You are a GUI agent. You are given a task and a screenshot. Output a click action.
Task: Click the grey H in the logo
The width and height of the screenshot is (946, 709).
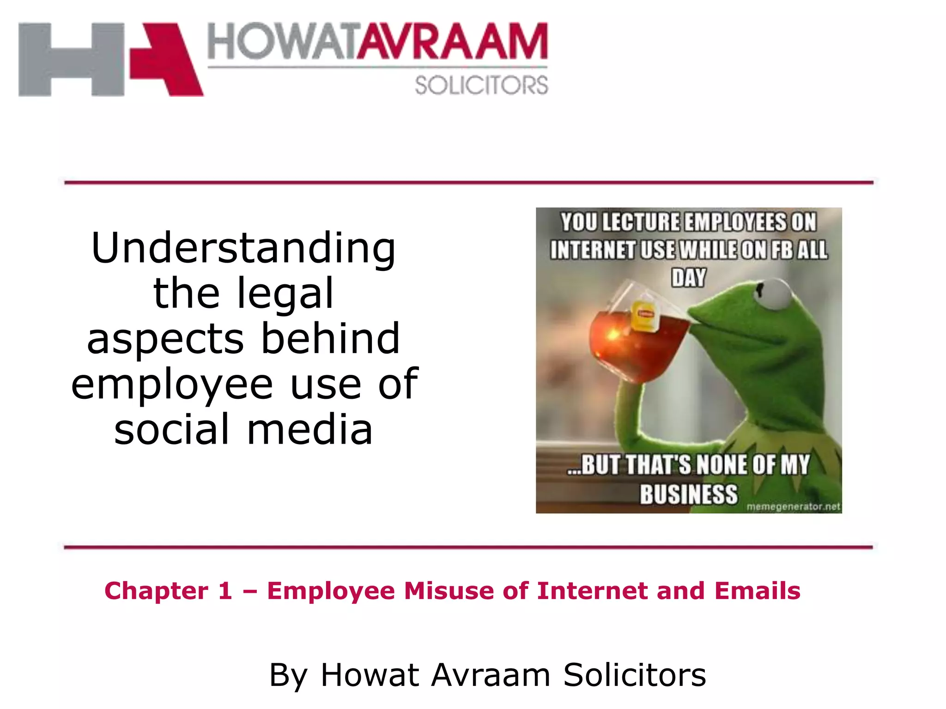tap(72, 60)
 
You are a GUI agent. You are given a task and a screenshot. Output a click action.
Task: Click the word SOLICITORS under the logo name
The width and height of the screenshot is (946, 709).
tap(481, 86)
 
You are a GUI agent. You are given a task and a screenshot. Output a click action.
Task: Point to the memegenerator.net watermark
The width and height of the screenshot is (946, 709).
tap(793, 506)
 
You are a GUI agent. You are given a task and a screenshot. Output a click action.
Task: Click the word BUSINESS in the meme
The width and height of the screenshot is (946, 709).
tap(688, 494)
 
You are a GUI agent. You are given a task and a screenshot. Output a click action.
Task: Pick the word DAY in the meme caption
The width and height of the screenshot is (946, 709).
tap(688, 278)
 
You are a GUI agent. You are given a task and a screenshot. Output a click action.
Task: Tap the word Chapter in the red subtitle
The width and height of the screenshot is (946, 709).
tap(156, 591)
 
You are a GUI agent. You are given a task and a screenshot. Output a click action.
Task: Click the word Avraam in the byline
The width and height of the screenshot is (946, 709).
tap(491, 675)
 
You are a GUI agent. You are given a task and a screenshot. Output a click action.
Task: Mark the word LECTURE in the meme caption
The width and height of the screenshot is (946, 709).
tap(641, 222)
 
